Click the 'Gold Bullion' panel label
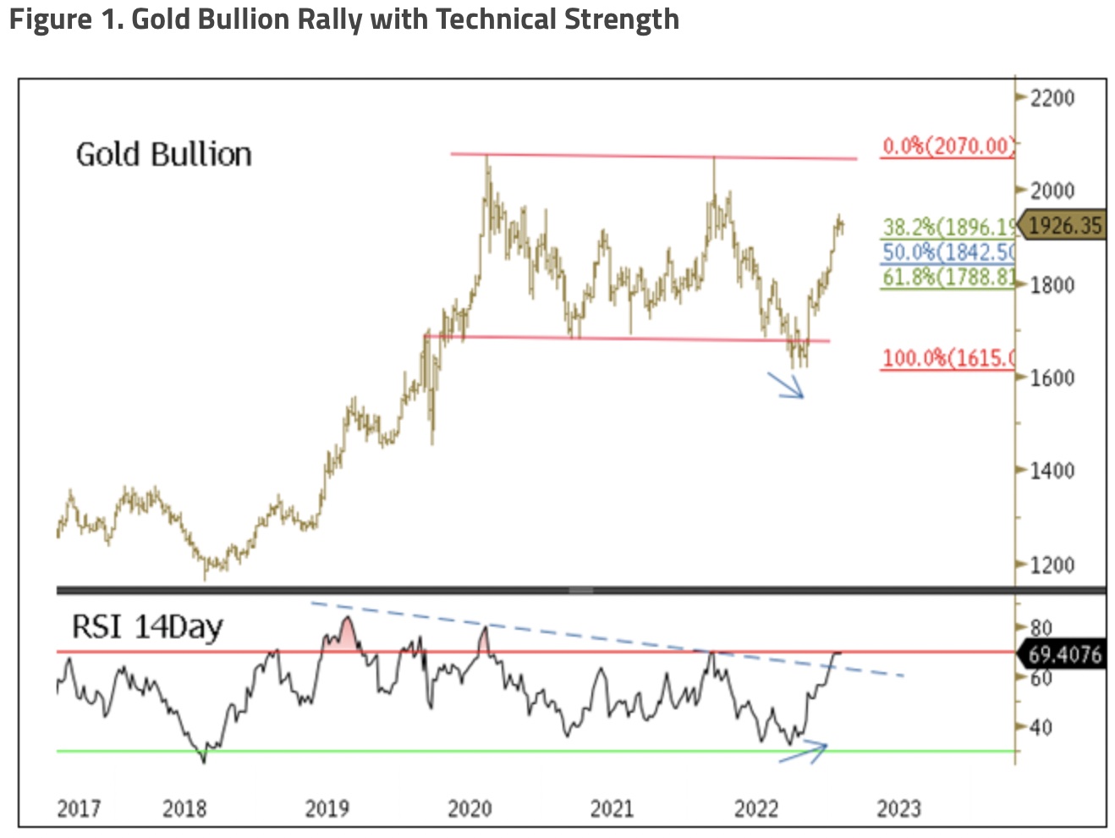[164, 155]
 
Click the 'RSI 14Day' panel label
[147, 627]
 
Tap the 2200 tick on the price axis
[1052, 98]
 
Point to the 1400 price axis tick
[1052, 471]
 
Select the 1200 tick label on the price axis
[1052, 565]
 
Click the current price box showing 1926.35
[1064, 225]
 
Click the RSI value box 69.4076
[1064, 654]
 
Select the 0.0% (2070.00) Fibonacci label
[947, 146]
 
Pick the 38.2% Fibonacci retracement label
[947, 227]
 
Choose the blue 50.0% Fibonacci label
[947, 252]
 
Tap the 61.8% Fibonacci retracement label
[947, 277]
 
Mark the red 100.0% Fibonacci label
[947, 358]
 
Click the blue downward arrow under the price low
[787, 385]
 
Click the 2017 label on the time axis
[79, 809]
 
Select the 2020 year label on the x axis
[470, 809]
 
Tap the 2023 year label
[898, 809]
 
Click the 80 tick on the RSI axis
[1041, 628]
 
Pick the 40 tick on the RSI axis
[1041, 727]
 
